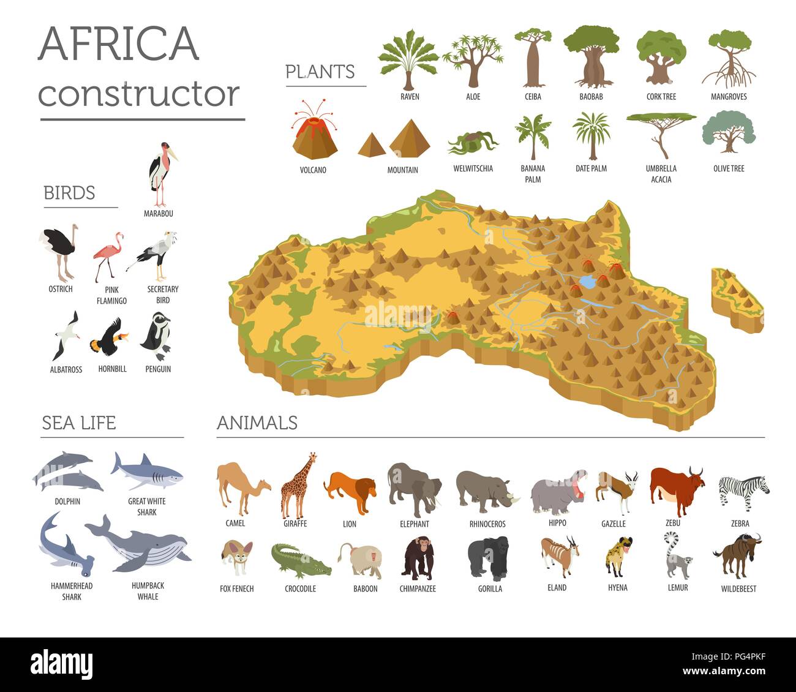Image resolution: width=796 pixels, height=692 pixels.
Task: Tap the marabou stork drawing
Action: [x=162, y=175]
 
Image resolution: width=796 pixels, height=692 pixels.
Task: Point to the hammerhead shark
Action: [x=64, y=545]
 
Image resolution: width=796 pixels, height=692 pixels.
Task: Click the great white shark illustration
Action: [x=147, y=471]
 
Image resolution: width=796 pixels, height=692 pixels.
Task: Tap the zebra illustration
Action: [x=743, y=490]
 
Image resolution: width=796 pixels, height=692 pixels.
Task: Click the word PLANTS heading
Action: [x=320, y=72]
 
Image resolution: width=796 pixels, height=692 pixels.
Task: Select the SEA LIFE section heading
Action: [x=78, y=423]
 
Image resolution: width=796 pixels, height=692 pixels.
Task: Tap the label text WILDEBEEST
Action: [x=738, y=589]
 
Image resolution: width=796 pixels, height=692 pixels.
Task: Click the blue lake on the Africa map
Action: [x=588, y=282]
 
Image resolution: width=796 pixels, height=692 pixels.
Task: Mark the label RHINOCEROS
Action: [x=487, y=524]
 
